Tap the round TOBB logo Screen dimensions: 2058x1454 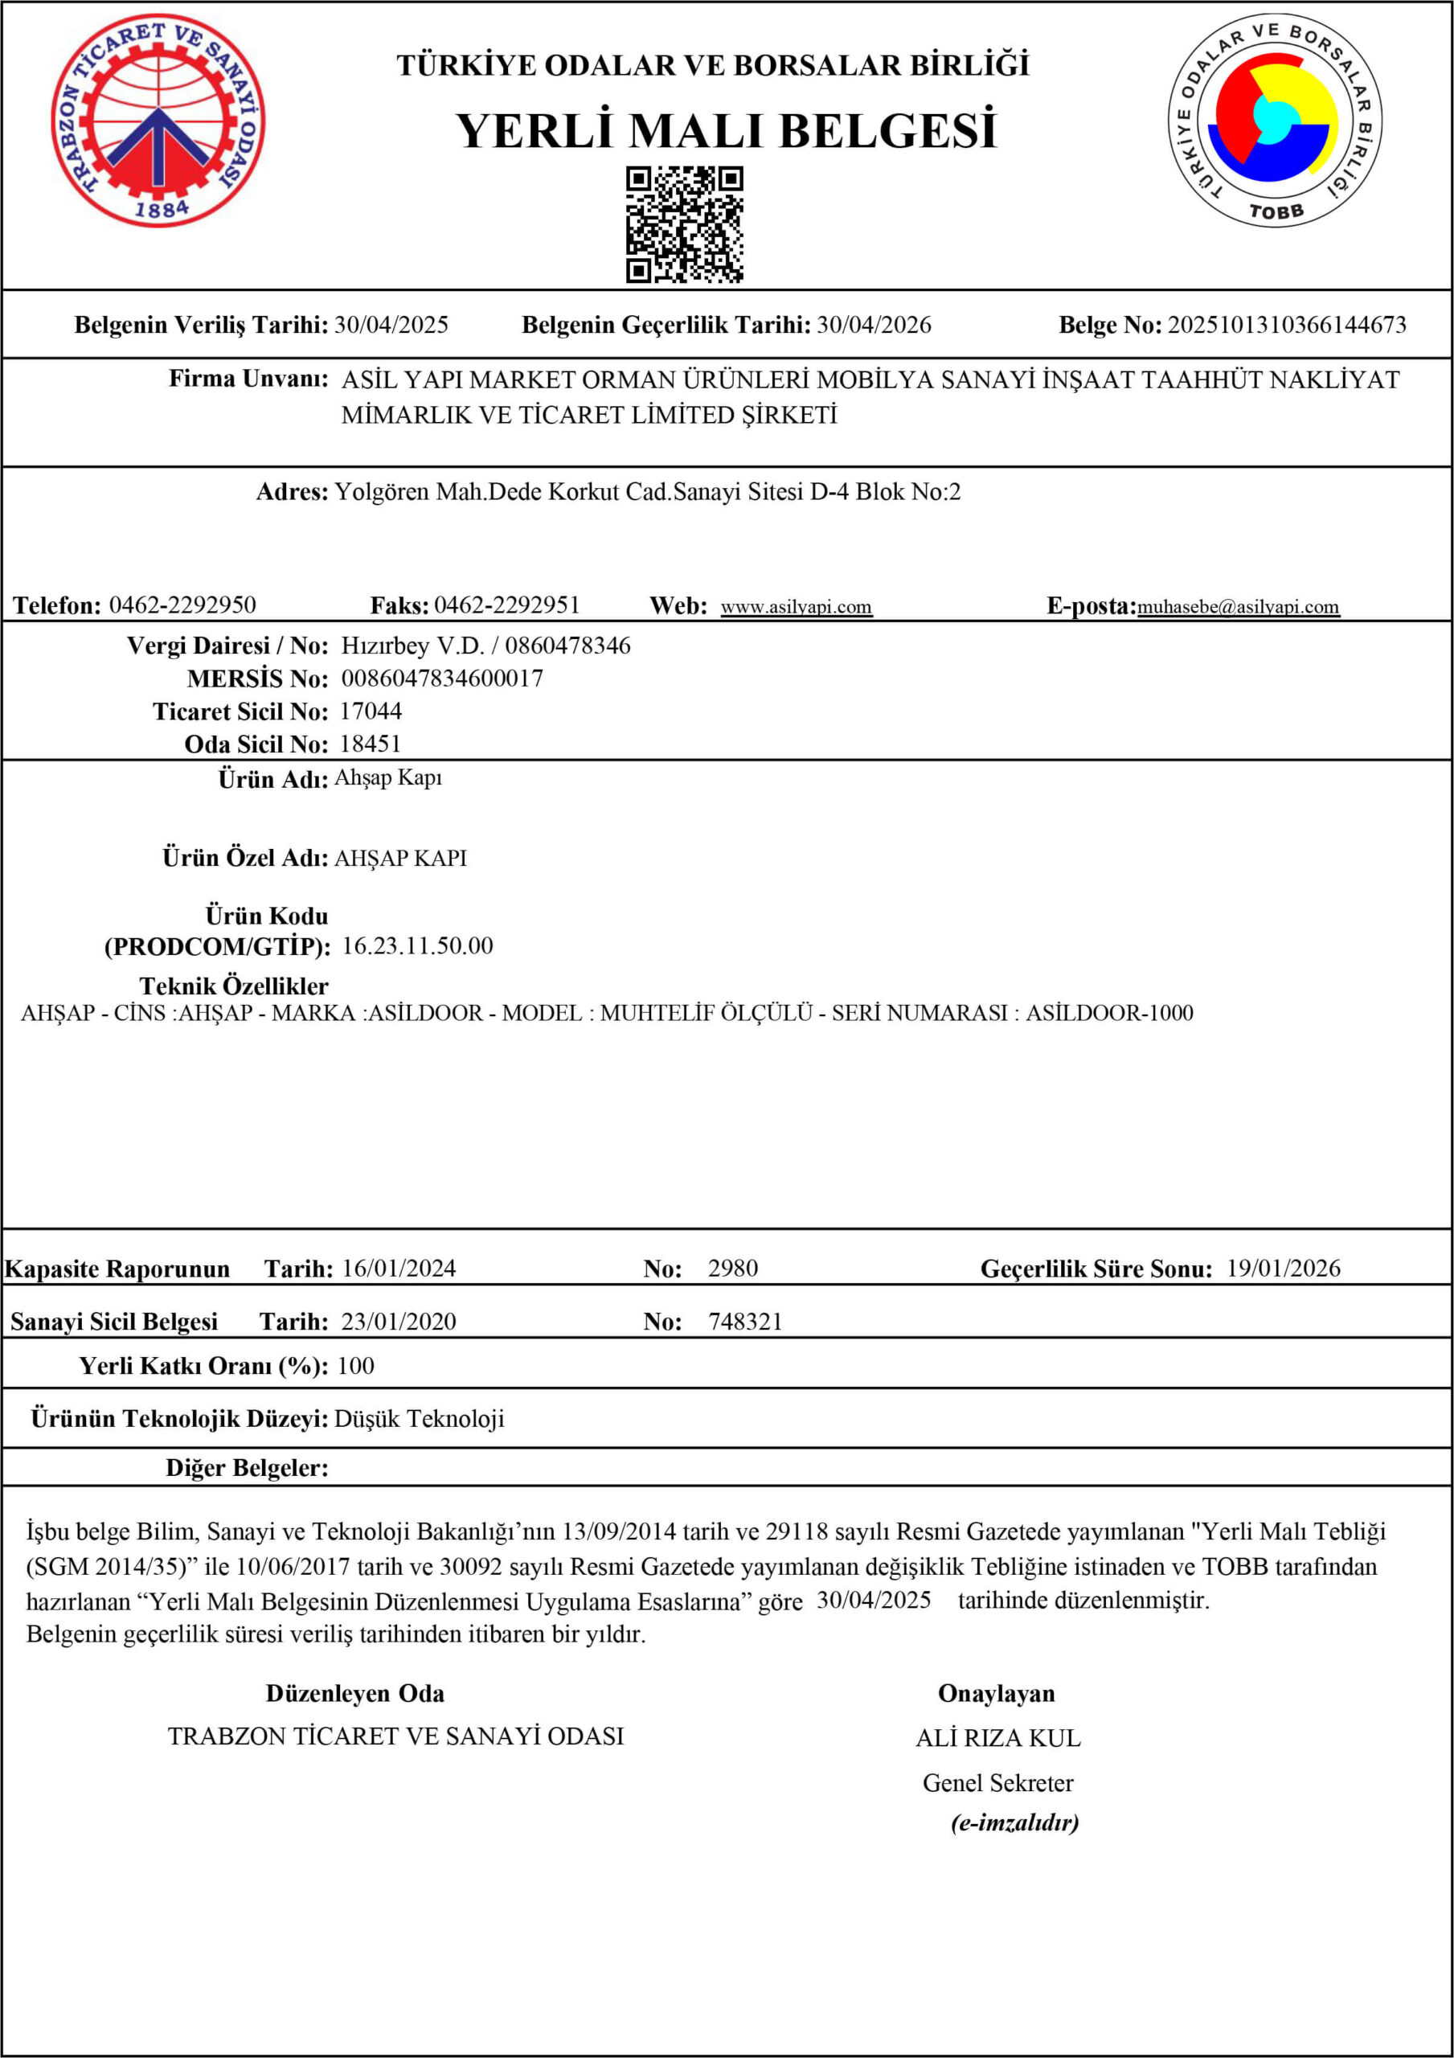[x=1274, y=120]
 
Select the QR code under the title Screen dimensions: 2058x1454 [x=684, y=224]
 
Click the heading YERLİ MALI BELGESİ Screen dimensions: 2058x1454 [x=726, y=131]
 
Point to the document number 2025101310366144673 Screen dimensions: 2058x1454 [x=1286, y=325]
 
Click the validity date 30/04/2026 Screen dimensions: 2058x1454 [x=873, y=325]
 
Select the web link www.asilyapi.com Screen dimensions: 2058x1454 [x=796, y=607]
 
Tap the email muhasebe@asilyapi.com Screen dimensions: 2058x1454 [x=1238, y=607]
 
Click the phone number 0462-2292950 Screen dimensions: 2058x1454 [x=182, y=605]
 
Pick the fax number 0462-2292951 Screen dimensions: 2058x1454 [x=506, y=605]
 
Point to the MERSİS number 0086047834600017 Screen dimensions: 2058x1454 [x=442, y=678]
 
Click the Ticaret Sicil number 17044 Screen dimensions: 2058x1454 [x=371, y=711]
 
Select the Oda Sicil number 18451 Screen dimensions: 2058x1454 [x=371, y=744]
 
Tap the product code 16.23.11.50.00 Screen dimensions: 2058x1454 [x=418, y=945]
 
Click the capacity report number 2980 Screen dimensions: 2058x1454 [x=732, y=1269]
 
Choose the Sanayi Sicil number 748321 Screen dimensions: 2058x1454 [x=745, y=1321]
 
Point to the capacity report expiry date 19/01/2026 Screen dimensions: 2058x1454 [x=1283, y=1269]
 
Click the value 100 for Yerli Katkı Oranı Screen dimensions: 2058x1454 [x=356, y=1365]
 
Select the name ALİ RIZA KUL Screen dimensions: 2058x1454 [x=997, y=1738]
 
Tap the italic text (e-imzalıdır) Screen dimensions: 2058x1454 [x=1015, y=1822]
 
